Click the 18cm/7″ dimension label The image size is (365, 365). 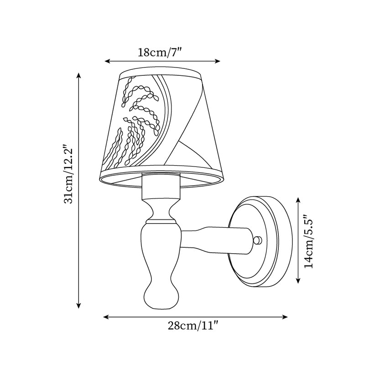pyautogui.click(x=160, y=52)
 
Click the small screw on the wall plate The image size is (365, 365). pyautogui.click(x=258, y=240)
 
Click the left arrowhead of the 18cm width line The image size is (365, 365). pyautogui.click(x=107, y=61)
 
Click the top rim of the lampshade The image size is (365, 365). pyautogui.click(x=161, y=72)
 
